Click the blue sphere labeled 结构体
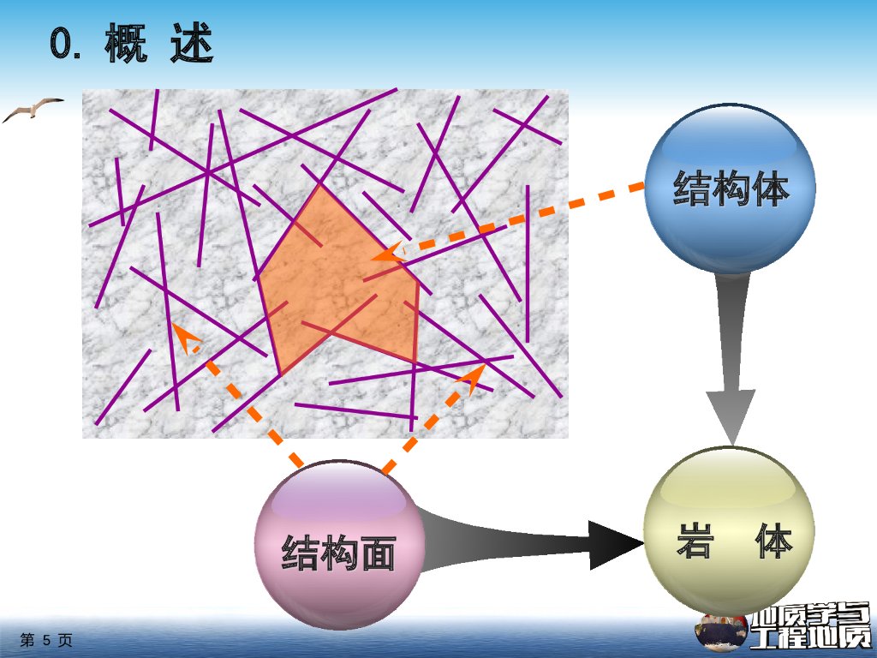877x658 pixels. [x=729, y=188]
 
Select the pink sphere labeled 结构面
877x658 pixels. [x=339, y=545]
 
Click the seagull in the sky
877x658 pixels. [x=32, y=109]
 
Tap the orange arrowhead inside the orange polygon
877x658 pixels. [x=385, y=254]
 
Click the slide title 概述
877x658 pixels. [x=158, y=44]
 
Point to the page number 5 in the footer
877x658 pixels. [x=47, y=640]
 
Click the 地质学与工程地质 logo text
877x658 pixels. [x=809, y=625]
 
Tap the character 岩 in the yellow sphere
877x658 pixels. [x=695, y=541]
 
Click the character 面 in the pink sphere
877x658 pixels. [x=378, y=553]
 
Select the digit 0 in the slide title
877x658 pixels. [x=63, y=45]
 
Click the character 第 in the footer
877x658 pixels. [x=27, y=640]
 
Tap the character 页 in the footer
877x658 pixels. [x=66, y=640]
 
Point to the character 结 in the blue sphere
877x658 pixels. [x=692, y=188]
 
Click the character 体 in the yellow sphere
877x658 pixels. [x=773, y=541]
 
